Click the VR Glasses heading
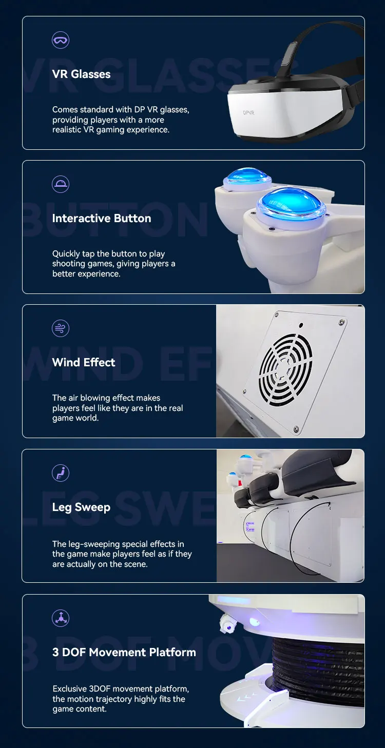coord(81,74)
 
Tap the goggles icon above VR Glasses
coord(61,40)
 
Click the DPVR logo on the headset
coord(249,112)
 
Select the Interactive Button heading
coord(102,219)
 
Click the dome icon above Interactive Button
coord(61,184)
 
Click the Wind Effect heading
coord(84,363)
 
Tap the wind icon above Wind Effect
coord(61,328)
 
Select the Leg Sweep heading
coord(81,507)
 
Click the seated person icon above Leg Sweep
coord(61,473)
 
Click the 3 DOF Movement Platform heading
coord(124,653)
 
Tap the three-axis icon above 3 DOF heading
coord(61,618)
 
